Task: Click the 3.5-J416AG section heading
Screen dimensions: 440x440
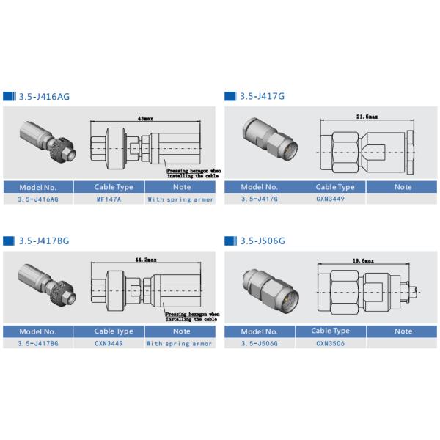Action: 44,97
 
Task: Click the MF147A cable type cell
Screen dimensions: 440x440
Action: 109,199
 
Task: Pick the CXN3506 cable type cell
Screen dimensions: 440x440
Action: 330,342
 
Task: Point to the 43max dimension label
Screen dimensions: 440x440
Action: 145,118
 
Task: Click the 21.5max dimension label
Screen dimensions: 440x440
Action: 367,117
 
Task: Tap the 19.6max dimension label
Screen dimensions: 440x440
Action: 364,260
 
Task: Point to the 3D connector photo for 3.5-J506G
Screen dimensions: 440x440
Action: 269,287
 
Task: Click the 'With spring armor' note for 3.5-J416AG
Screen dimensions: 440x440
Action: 180,199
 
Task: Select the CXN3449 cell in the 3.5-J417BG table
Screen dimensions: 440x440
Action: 109,342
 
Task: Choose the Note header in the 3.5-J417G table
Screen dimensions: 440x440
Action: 403,187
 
